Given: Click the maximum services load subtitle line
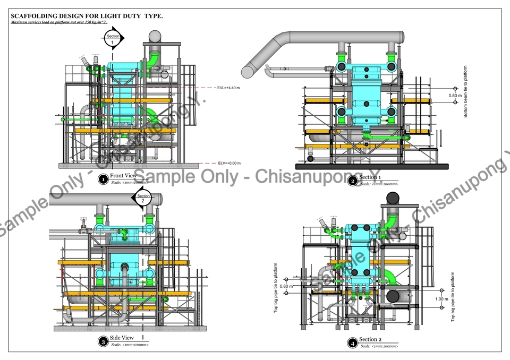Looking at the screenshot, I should click(59, 23).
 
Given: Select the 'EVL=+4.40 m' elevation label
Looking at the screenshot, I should click(229, 88).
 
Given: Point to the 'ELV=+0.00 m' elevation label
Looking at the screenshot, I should click(229, 164).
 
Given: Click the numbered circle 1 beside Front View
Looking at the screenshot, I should click(103, 180).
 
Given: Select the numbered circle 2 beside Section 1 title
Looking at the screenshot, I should click(352, 181).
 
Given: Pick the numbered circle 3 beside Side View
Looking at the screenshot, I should click(103, 341).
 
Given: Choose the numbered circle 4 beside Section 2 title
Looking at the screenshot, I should click(352, 343).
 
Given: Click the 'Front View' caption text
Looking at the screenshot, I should click(123, 176).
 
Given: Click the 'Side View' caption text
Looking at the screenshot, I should click(122, 338).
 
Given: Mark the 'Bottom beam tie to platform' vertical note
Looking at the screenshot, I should click(466, 91).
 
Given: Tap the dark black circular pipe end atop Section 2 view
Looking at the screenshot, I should click(393, 199).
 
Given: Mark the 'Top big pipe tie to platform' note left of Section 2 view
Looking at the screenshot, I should click(276, 292).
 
